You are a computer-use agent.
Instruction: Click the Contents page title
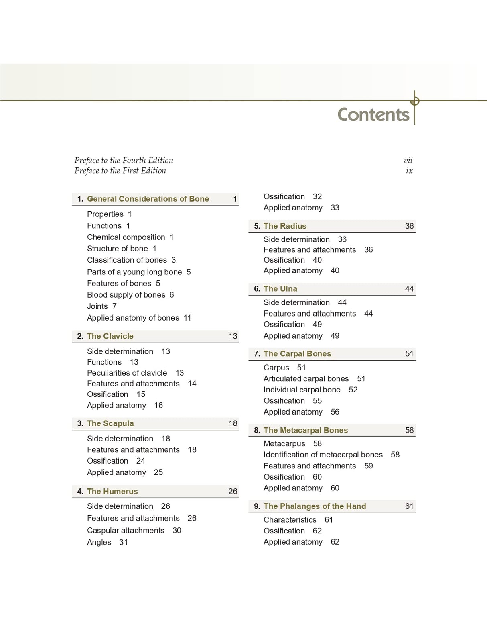373,115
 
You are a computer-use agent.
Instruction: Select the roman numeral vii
408,160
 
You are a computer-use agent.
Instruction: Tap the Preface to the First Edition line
120,171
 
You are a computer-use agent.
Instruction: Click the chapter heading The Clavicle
110,336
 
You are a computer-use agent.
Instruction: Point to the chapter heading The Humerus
112,491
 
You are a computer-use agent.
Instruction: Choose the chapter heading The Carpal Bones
297,354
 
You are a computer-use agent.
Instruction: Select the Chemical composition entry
126,237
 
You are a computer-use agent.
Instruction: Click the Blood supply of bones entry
126,295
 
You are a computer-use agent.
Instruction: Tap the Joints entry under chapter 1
97,306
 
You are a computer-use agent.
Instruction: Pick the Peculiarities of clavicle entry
127,373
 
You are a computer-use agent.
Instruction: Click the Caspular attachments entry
126,531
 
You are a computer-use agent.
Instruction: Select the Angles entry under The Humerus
99,542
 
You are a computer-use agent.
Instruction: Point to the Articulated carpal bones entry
306,379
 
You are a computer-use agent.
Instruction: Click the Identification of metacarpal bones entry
323,455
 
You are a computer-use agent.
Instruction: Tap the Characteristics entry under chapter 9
290,520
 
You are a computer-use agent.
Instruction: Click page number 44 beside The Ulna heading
409,289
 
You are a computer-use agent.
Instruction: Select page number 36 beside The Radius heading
409,226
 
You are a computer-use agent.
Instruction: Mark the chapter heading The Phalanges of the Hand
315,506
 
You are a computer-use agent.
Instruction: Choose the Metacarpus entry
284,444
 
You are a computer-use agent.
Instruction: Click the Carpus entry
276,368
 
